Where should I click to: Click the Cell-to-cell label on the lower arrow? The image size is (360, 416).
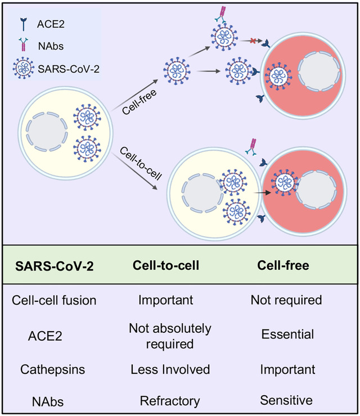[141, 163]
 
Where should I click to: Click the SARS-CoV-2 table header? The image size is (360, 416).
[54, 266]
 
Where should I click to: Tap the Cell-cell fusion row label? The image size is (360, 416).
[54, 300]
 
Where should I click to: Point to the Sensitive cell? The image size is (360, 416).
[286, 400]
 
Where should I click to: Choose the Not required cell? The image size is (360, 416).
[286, 300]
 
